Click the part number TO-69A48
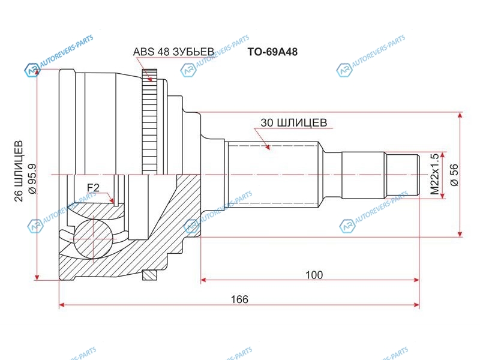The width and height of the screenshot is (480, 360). click(x=272, y=52)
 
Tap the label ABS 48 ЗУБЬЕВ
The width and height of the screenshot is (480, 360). click(x=173, y=52)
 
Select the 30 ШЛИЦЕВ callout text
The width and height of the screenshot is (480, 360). click(x=293, y=122)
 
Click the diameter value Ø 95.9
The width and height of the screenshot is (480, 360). click(x=32, y=178)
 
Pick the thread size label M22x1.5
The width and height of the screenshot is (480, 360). click(x=434, y=174)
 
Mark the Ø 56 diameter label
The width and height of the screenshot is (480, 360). click(x=454, y=175)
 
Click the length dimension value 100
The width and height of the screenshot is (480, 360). click(x=314, y=275)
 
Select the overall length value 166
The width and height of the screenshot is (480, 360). click(x=239, y=299)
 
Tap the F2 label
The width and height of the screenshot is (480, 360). click(x=93, y=187)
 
